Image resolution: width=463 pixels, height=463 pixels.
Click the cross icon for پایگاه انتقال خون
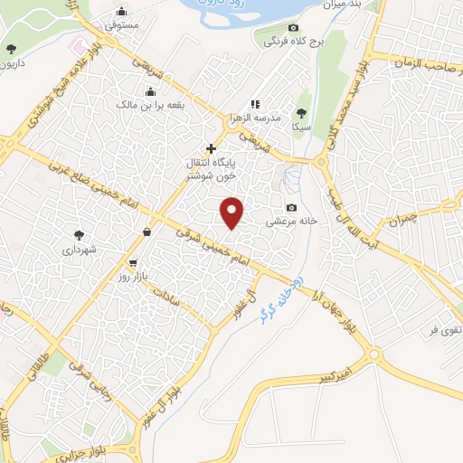pyautogui.click(x=212, y=147)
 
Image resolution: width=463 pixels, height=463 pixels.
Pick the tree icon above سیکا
pyautogui.click(x=301, y=113)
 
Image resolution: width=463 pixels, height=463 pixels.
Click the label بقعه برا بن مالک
pyautogui.click(x=150, y=105)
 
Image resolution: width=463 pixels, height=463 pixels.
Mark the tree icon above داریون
pyautogui.click(x=11, y=49)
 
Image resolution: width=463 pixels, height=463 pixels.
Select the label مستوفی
pyautogui.click(x=121, y=26)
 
